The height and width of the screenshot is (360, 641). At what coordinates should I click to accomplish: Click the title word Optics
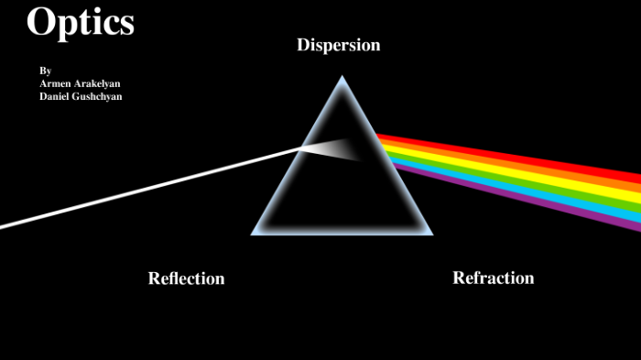click(x=81, y=22)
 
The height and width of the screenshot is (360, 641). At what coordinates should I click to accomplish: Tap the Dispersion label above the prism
click(x=338, y=45)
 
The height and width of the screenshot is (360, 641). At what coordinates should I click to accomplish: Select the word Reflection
click(x=186, y=278)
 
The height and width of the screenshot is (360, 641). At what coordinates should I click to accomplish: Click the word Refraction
click(x=493, y=278)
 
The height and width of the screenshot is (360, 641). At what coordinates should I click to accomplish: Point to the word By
click(x=45, y=71)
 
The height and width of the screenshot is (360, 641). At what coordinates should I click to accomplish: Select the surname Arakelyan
click(x=98, y=83)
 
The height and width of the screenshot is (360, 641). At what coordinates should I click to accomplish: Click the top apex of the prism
click(x=342, y=78)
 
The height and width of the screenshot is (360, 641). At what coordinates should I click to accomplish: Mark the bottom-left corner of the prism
click(x=254, y=233)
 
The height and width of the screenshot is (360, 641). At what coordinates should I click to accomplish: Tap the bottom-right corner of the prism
click(x=430, y=233)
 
